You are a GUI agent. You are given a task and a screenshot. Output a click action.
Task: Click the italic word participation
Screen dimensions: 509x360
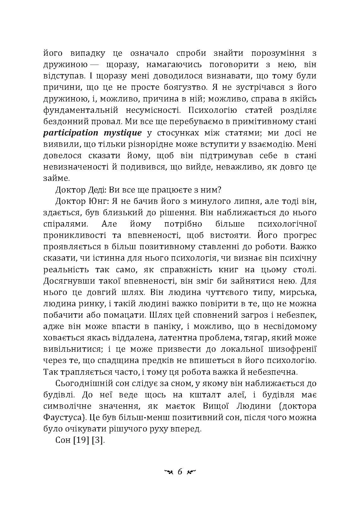71,133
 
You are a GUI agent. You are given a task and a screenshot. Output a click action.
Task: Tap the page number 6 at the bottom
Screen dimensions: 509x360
180,472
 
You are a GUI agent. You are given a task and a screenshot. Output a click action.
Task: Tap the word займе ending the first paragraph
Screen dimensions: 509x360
56,178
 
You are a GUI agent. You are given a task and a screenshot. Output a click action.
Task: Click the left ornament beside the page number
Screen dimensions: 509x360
167,472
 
